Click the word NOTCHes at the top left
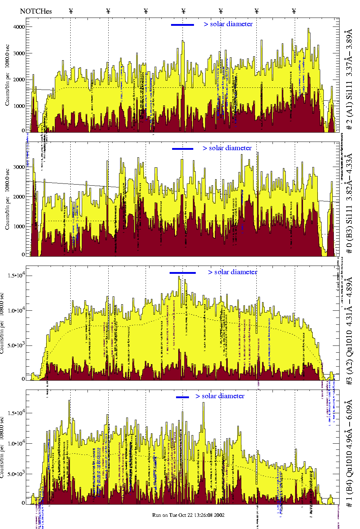tap(36, 11)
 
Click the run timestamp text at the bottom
tap(188, 515)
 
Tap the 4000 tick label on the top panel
tap(19, 27)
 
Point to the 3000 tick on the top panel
tap(19, 53)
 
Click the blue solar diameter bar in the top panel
tap(183, 25)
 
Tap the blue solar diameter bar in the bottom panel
tap(183, 397)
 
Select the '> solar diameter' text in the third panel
tap(232, 272)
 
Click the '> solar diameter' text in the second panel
tap(227, 148)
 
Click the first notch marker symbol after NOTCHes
tap(71, 11)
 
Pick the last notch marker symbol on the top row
tap(294, 11)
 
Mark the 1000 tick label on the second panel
tap(19, 227)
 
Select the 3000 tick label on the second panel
tap(19, 167)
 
